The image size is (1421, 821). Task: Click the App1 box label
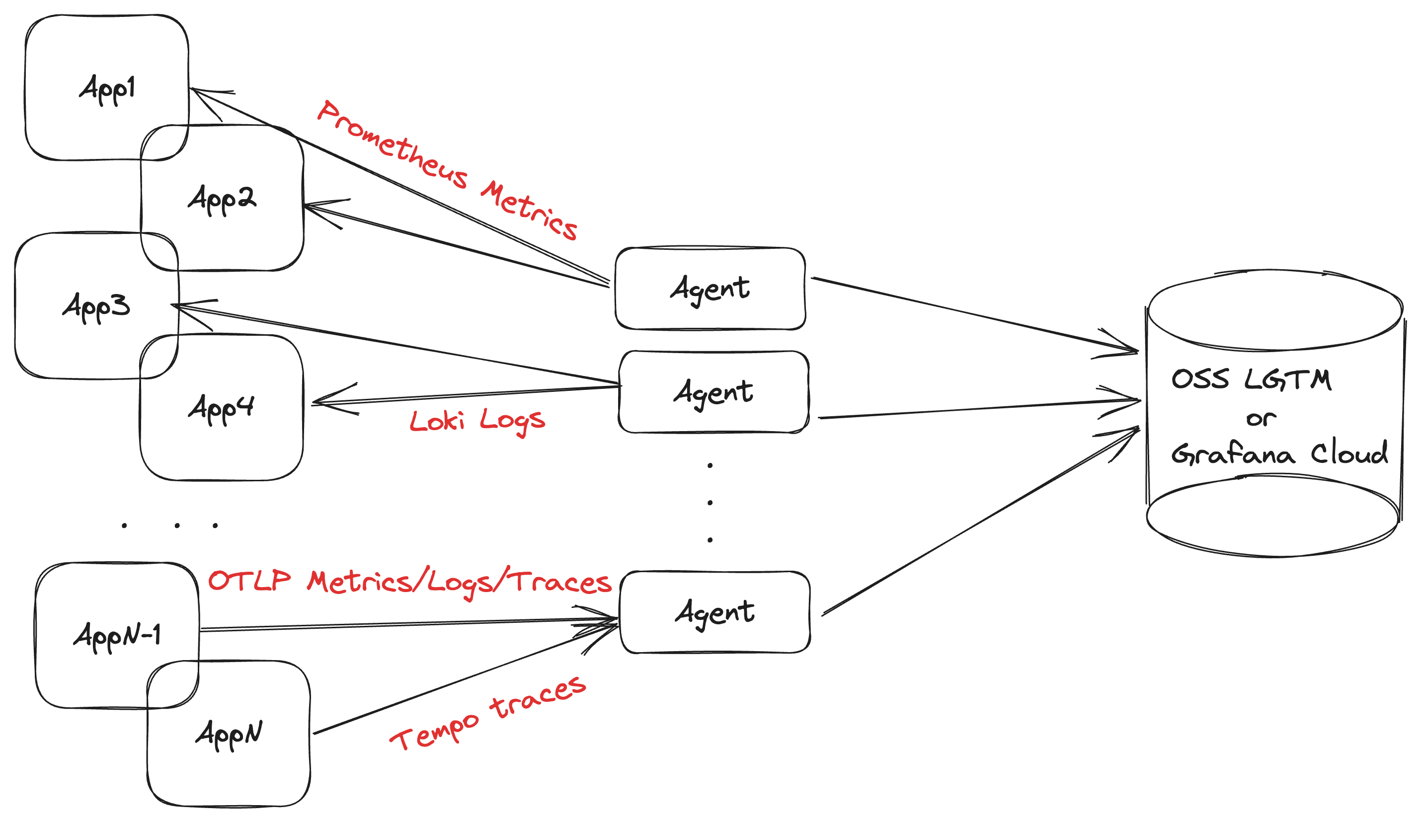tap(107, 89)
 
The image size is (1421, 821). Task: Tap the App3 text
tap(96, 307)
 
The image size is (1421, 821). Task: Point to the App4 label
tap(221, 409)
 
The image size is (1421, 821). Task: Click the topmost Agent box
tap(710, 289)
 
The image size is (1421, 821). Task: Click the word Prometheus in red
tap(392, 145)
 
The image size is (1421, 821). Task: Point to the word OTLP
tap(250, 581)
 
